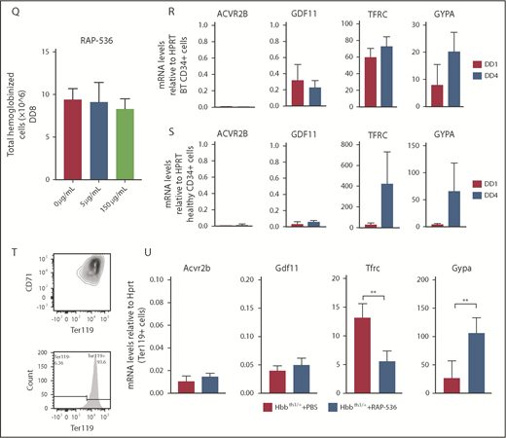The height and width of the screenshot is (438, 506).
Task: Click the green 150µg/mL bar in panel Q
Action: click(x=122, y=136)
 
